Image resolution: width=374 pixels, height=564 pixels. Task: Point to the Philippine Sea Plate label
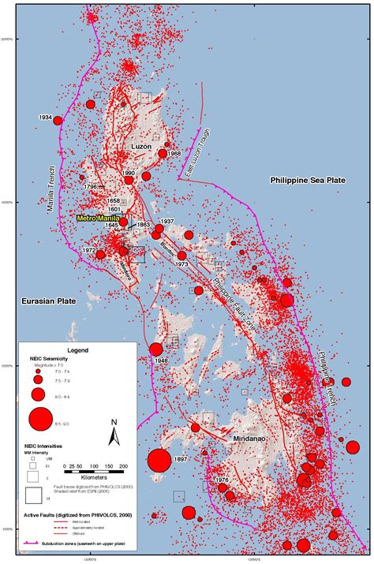coord(307,180)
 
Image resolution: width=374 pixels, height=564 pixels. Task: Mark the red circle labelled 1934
coord(58,121)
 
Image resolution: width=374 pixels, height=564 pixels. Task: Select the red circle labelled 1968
coord(163,154)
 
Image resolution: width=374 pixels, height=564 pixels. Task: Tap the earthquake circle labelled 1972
coord(100,255)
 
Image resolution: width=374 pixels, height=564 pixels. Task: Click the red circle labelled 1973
coord(182,255)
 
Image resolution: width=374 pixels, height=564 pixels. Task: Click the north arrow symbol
coord(114,430)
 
